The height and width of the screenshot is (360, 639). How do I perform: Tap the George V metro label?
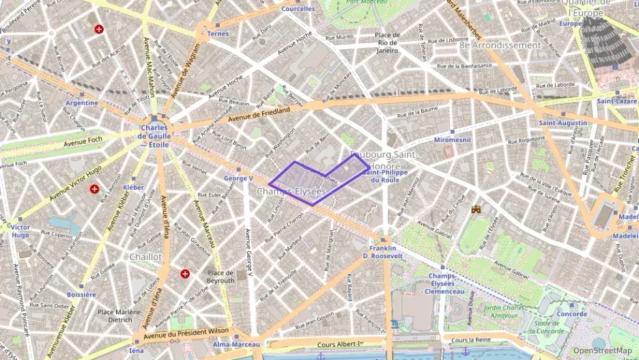point(238,178)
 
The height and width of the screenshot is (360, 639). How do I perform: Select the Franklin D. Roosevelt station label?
point(385,251)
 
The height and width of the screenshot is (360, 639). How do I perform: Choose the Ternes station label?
point(218,33)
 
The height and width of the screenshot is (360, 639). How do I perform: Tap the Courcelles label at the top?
point(298,9)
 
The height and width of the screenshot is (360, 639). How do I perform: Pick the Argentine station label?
point(82,102)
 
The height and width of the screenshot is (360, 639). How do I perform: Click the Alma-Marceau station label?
point(236,344)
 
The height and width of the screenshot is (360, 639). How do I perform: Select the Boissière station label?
point(81,294)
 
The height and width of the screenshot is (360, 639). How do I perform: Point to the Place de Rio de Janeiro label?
point(386,42)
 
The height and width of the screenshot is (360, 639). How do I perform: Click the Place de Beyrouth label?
point(220,277)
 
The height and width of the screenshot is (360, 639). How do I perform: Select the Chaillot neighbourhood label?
point(145,256)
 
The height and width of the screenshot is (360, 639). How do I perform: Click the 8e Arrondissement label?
point(500,45)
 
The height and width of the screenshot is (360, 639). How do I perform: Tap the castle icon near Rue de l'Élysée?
point(475,210)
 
